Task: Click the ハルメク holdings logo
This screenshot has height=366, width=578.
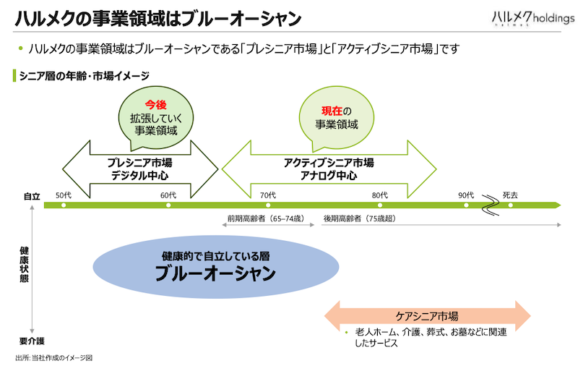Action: point(533,17)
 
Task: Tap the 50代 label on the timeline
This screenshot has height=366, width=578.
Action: point(64,195)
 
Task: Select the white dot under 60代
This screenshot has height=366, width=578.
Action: point(168,205)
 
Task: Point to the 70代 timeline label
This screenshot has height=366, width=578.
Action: point(268,195)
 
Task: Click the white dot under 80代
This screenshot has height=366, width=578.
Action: point(380,205)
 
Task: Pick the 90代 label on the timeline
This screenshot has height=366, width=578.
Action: point(466,195)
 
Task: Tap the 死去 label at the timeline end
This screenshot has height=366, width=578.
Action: point(510,195)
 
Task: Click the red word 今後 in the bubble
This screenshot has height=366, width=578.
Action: point(155,105)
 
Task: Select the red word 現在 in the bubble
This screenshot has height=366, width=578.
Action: point(332,111)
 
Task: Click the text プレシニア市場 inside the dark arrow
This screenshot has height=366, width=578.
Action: point(139,163)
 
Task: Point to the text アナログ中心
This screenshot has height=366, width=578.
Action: point(329,175)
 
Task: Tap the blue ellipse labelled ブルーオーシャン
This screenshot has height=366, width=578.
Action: point(215,267)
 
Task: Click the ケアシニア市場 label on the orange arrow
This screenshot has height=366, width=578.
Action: point(427,316)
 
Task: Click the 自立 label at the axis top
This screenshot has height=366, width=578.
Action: point(32,196)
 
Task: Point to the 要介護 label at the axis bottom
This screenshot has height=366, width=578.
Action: point(32,341)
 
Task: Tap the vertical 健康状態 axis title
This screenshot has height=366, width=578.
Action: point(25,265)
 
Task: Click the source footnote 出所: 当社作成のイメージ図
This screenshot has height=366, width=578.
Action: point(54,358)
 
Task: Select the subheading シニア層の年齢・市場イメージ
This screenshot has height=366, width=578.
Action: point(84,76)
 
